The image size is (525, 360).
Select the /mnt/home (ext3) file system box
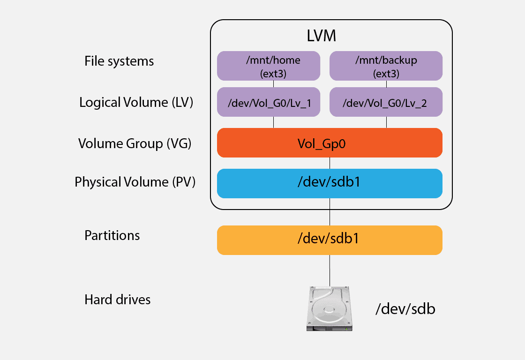[269, 66]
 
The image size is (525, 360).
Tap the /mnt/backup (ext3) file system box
[386, 66]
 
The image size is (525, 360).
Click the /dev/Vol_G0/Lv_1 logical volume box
[269, 102]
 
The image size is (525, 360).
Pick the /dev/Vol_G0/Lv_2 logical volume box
[386, 102]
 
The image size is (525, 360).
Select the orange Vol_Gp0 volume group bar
[330, 142]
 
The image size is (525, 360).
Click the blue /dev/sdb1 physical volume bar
[330, 183]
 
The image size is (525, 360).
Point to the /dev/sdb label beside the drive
[405, 309]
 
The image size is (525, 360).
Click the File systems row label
[119, 61]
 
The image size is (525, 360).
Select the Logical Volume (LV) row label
[136, 102]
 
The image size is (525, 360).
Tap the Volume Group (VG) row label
[135, 143]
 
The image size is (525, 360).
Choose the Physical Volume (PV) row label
[135, 182]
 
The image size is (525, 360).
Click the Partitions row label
[112, 235]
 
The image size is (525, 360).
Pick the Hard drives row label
[118, 300]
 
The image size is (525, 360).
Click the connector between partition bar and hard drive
[330, 270]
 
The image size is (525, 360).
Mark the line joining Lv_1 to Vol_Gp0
[273, 122]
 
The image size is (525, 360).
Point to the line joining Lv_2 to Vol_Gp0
[386, 122]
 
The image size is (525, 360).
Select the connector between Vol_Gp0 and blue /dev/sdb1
[330, 163]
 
